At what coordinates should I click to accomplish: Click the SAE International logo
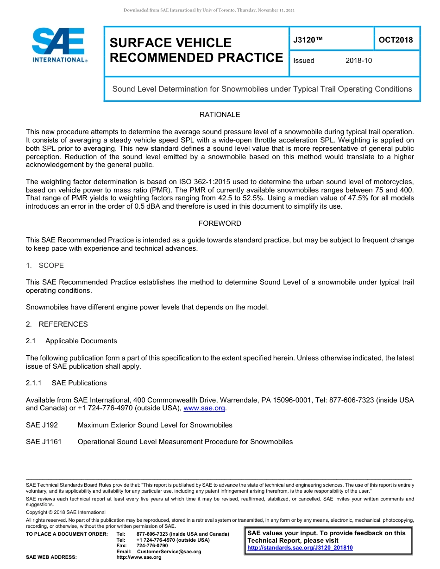[59, 45]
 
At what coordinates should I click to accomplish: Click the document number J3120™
[308, 40]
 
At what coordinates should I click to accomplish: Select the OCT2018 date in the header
[396, 40]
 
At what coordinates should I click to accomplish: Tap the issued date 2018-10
[358, 61]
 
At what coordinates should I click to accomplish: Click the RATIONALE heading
[220, 115]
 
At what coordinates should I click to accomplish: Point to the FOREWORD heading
[220, 223]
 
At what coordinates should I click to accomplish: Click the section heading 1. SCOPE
[45, 266]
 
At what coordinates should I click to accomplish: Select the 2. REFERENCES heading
[57, 324]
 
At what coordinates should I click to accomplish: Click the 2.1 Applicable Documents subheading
[72, 341]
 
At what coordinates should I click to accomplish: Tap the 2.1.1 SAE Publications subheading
[66, 383]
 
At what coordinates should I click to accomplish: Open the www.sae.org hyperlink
[204, 408]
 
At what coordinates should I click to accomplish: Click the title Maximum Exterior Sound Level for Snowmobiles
[155, 425]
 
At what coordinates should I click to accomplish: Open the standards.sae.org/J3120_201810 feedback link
[300, 548]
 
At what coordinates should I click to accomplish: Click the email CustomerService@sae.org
[169, 552]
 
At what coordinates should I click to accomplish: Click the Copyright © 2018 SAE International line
[66, 512]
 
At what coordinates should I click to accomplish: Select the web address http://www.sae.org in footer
[138, 557]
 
